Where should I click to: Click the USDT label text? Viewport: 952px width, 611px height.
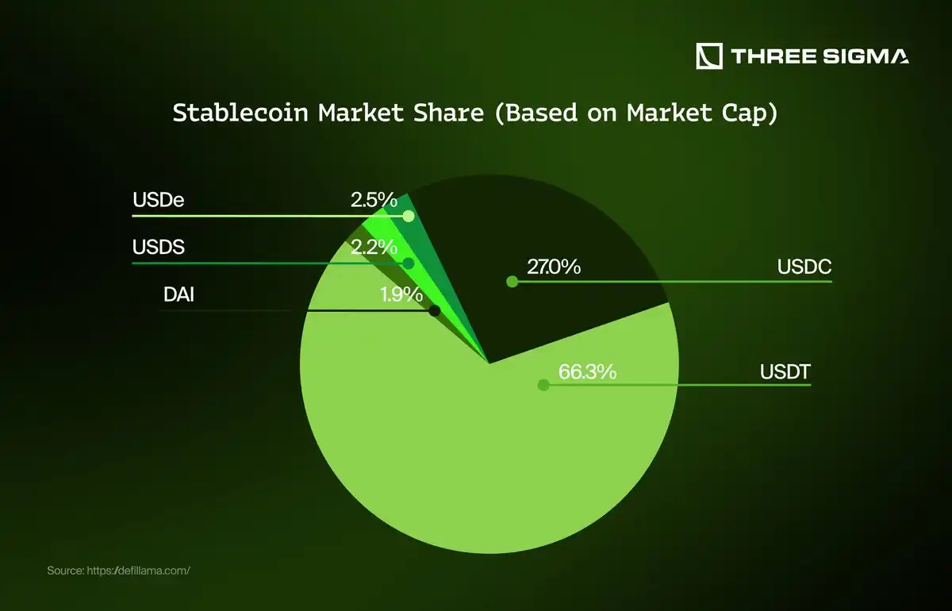click(x=784, y=371)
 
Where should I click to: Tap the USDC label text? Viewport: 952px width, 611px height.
click(x=804, y=267)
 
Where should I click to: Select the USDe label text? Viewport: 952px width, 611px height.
click(x=158, y=200)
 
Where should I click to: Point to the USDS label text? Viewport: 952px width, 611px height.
click(x=158, y=247)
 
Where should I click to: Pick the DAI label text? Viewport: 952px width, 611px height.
click(x=178, y=295)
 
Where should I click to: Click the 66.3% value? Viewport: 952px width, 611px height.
click(x=587, y=371)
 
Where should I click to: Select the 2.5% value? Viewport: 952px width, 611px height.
click(x=373, y=200)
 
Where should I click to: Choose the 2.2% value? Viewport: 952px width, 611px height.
click(x=373, y=247)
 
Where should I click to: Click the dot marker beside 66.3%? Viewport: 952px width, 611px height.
click(x=543, y=385)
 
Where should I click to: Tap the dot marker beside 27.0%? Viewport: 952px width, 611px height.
click(x=512, y=281)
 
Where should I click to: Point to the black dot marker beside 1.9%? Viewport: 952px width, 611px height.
click(x=434, y=311)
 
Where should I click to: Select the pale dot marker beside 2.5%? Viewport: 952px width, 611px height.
click(x=409, y=216)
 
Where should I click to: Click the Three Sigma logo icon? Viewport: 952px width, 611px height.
click(x=709, y=56)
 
